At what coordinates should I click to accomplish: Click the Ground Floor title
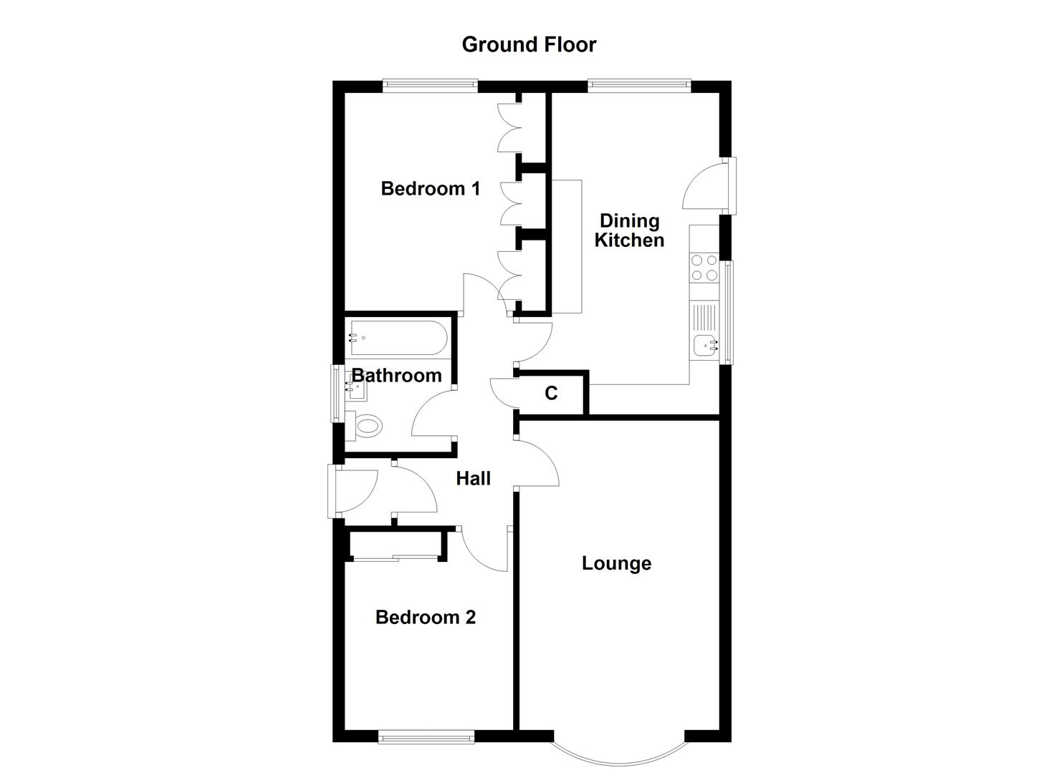(529, 44)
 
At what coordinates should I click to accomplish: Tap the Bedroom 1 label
(430, 189)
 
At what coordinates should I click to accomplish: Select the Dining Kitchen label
(629, 230)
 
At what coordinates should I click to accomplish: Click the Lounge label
(616, 563)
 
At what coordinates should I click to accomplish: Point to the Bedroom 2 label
(426, 617)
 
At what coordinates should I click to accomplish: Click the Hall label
(473, 478)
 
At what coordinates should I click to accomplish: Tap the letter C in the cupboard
(551, 393)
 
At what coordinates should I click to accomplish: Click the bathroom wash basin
(356, 389)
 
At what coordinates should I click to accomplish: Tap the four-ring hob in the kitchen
(704, 268)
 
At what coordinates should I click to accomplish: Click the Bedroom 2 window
(426, 736)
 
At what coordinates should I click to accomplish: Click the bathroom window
(335, 393)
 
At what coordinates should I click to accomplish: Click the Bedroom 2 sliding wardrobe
(395, 558)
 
